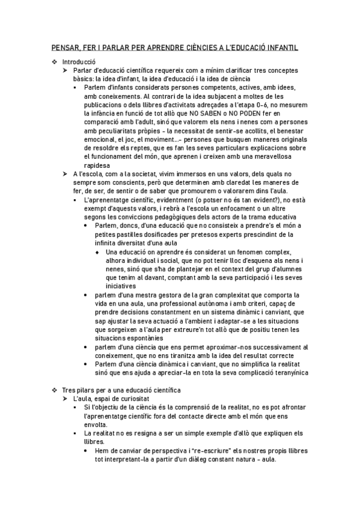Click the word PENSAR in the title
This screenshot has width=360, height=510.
click(63, 47)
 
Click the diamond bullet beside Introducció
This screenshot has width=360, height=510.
click(55, 62)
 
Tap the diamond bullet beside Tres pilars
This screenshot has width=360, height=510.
click(55, 390)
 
